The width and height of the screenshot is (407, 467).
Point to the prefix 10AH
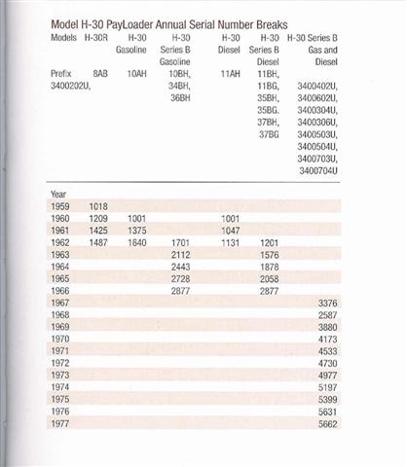(x=136, y=73)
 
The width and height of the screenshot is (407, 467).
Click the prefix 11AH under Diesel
(x=229, y=73)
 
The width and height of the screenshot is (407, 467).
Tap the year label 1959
(x=60, y=206)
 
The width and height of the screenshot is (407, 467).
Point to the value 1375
(x=136, y=231)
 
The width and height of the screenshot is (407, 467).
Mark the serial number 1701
(x=179, y=243)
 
